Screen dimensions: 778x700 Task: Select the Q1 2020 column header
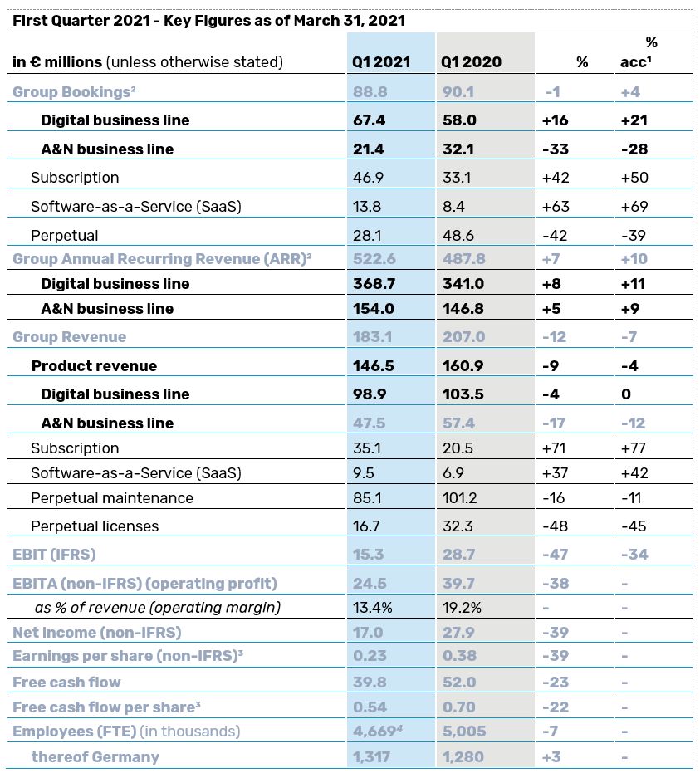(471, 62)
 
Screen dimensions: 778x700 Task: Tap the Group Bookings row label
(73, 92)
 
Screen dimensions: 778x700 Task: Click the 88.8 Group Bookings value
(370, 92)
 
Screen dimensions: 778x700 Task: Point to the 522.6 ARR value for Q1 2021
(373, 259)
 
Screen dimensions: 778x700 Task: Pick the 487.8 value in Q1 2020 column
(463, 259)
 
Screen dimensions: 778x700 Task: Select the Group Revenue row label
(70, 337)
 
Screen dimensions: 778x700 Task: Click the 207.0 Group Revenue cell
(463, 337)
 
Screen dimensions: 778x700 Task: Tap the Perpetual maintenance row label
(112, 498)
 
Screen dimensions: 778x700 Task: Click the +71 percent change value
(554, 448)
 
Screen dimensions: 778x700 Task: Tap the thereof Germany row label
(95, 756)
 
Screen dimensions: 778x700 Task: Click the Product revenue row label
(94, 366)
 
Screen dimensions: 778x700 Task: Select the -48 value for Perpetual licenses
(554, 526)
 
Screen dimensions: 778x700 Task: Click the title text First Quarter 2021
(83, 20)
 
